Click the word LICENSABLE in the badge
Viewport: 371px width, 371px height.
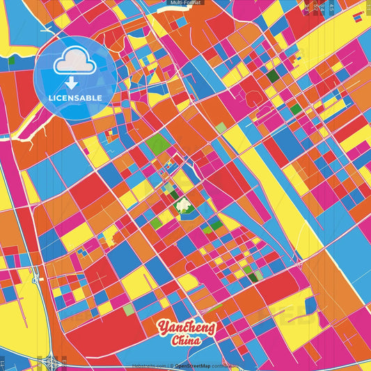[75, 97]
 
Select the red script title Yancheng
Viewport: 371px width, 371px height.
[187, 327]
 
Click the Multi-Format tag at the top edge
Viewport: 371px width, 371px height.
[185, 3]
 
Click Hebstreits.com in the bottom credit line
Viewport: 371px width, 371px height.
[150, 365]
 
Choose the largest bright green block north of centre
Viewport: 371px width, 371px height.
[157, 144]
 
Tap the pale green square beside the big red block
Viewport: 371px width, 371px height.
[129, 309]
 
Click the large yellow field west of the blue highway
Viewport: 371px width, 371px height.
[14, 306]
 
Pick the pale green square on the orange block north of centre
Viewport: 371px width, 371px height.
[221, 127]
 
